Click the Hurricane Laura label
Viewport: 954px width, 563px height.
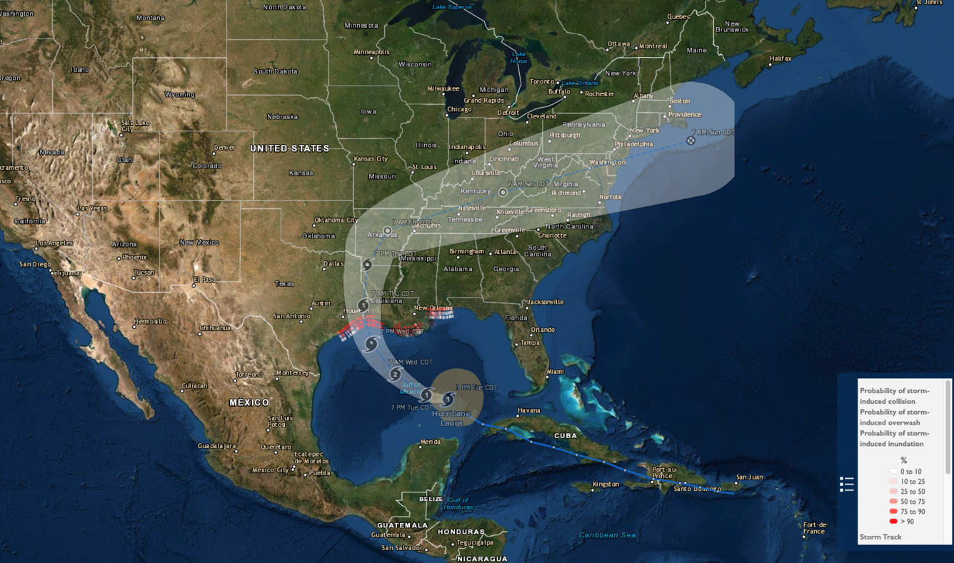tap(451, 418)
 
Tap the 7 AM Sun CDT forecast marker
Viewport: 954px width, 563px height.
tap(691, 141)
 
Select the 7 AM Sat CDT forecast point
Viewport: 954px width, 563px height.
tap(503, 192)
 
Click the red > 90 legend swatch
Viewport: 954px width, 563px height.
tap(893, 522)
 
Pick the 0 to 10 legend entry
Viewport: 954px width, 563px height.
tap(910, 472)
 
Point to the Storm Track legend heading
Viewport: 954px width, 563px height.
tap(880, 537)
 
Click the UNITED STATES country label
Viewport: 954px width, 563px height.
tap(289, 148)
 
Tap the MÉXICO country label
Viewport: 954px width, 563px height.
tap(249, 402)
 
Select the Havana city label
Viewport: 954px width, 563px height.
tap(529, 410)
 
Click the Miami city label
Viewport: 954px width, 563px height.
tap(555, 372)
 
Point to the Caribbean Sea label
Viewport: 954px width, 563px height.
tap(607, 535)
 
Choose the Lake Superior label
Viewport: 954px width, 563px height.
tap(452, 7)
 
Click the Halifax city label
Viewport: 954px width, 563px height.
tap(781, 59)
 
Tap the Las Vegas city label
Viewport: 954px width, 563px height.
tap(92, 208)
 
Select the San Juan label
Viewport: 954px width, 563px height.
tap(750, 477)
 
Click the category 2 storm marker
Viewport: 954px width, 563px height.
tap(395, 375)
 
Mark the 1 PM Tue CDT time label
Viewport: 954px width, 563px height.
tap(476, 387)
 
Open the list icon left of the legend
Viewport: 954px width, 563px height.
tap(847, 485)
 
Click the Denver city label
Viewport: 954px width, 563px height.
tap(224, 148)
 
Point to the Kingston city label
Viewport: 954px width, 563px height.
tap(606, 485)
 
